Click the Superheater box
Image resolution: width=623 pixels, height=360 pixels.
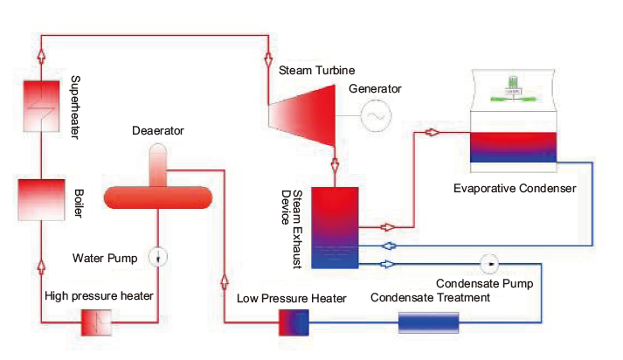coord(41,106)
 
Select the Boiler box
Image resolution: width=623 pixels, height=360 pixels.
coord(41,200)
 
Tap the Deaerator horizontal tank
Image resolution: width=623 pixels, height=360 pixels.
coord(158,197)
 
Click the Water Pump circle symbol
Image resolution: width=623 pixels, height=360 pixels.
coord(158,257)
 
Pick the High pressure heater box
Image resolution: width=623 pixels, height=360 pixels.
coord(96,322)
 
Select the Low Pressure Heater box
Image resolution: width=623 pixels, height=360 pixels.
coord(294,322)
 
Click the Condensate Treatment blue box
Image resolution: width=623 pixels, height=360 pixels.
coord(428,322)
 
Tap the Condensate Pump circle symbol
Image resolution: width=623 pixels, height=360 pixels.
coord(489,264)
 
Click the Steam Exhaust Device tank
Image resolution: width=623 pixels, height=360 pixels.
coord(335,228)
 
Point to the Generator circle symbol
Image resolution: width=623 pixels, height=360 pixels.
coord(376,115)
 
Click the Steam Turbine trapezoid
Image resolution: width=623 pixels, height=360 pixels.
coord(302,115)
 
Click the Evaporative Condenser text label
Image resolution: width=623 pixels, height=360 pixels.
coord(515,189)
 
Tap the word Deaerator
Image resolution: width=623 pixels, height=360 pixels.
coord(158,131)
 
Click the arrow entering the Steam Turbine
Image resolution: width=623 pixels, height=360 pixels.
coord(268,59)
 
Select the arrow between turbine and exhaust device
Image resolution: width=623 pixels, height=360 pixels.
coord(335,164)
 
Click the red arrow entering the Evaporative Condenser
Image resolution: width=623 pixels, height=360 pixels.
coord(432,132)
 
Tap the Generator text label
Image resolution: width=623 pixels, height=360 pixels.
coord(375,88)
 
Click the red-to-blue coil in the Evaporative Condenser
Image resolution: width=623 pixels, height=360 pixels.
coord(513,148)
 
